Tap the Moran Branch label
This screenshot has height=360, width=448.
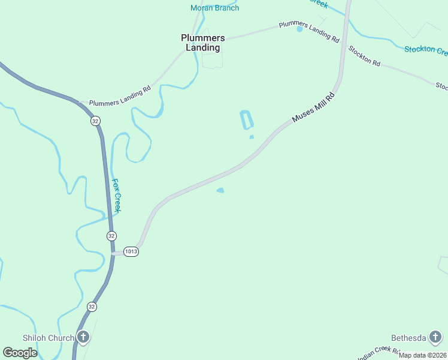(214, 8)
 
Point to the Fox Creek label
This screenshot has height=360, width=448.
(117, 196)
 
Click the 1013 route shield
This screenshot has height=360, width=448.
(132, 252)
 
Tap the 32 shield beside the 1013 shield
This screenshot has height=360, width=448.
(111, 236)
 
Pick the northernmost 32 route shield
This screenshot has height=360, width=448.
(96, 121)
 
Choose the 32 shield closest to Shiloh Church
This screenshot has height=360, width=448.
(92, 307)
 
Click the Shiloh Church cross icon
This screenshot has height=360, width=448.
(83, 338)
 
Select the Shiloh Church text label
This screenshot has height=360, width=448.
(49, 338)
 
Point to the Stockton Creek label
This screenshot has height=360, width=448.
(426, 49)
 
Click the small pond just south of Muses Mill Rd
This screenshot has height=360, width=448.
(220, 191)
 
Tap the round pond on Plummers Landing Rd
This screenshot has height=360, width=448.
(299, 29)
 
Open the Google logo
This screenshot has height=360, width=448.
(20, 353)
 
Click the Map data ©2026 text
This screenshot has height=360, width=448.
(422, 355)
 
